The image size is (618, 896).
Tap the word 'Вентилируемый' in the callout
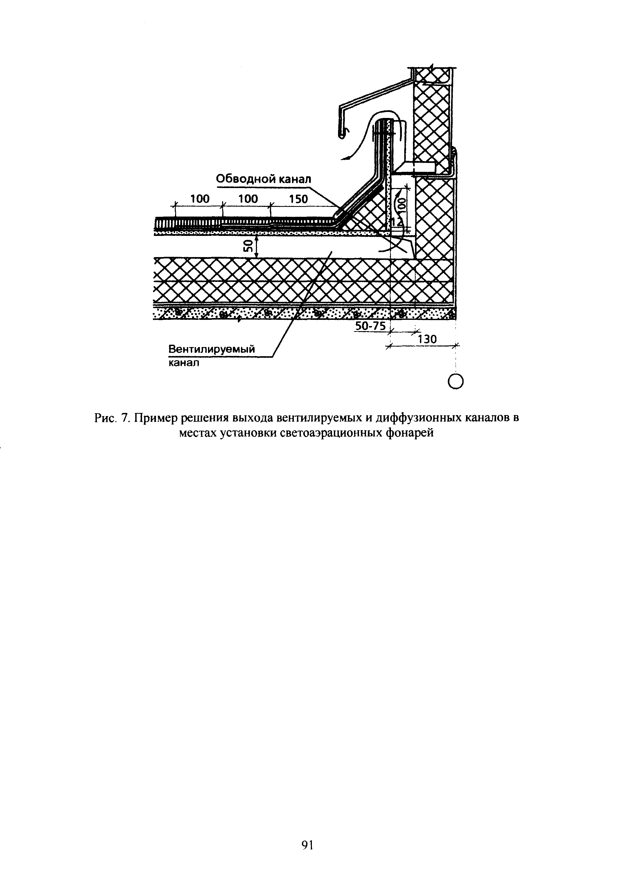pyautogui.click(x=212, y=349)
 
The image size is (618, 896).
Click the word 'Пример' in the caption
pyautogui.click(x=156, y=419)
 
